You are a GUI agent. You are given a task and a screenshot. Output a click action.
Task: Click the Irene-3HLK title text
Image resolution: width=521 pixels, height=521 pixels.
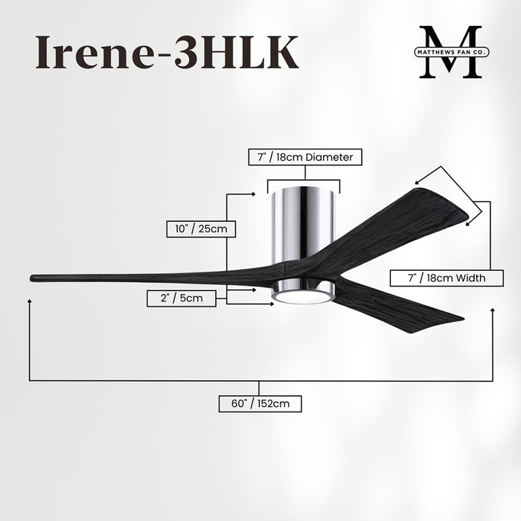tap(167, 52)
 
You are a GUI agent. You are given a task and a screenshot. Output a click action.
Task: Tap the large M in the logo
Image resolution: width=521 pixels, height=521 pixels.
tap(450, 52)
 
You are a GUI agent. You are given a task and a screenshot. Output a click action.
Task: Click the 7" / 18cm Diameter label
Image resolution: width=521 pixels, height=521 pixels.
tap(305, 158)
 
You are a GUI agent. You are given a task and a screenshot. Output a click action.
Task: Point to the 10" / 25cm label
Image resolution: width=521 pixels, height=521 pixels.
tap(201, 228)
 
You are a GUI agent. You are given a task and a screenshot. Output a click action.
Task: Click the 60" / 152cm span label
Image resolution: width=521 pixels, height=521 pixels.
tap(260, 404)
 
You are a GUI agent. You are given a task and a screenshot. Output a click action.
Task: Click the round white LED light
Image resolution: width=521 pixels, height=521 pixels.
tap(301, 297)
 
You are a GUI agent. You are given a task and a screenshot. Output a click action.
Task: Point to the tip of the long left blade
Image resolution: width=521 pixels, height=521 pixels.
tap(34, 279)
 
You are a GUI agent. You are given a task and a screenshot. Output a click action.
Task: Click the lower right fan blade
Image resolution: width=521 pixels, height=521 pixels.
tap(394, 305)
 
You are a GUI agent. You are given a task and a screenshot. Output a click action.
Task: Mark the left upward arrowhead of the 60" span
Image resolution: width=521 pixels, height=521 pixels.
tap(30, 302)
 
